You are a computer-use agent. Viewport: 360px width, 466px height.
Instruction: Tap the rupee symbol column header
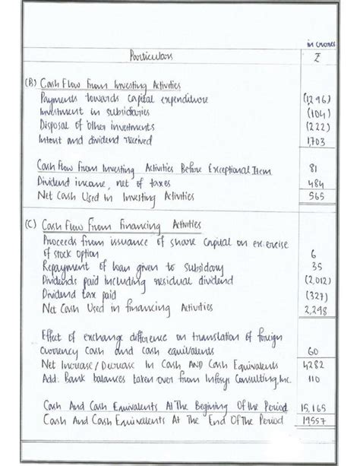click(x=316, y=59)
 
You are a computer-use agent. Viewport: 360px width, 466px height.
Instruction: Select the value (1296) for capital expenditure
click(x=314, y=100)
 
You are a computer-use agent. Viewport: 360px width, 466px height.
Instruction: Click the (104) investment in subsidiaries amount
click(x=314, y=113)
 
